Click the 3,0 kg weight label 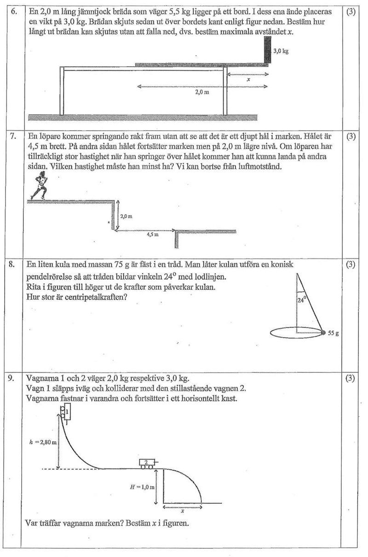(281, 52)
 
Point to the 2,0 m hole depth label (126, 216)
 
